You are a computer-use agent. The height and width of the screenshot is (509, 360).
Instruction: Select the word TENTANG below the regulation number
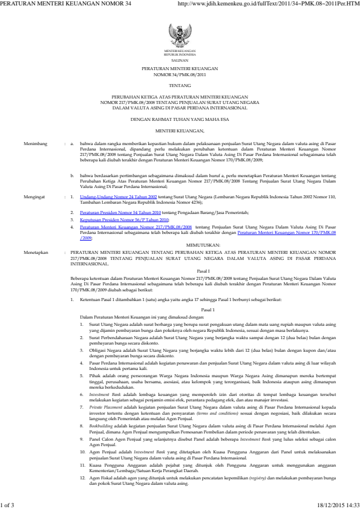click(180, 86)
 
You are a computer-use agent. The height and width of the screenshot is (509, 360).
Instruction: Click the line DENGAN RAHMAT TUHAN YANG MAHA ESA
click(180, 120)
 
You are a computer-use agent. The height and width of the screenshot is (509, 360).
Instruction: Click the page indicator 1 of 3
click(10, 504)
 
